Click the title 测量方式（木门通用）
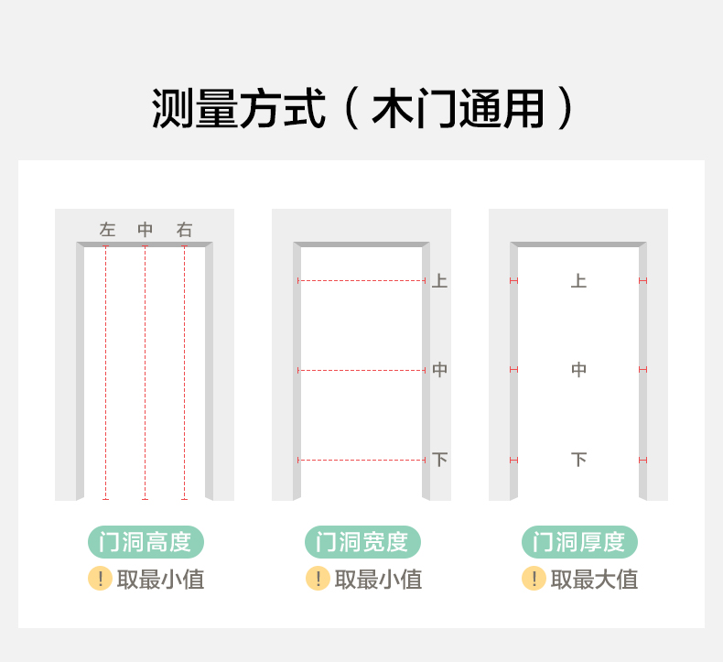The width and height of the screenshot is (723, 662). pos(361,109)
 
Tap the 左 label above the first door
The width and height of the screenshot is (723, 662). pos(108,230)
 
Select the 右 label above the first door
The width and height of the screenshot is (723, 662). pos(185,230)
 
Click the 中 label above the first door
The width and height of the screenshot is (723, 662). pos(146,230)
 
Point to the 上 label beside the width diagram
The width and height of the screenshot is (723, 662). pos(440,280)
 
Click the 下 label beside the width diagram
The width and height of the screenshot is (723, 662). pos(440,459)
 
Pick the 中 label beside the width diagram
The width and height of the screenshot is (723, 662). pos(440,370)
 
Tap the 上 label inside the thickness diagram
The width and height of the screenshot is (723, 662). pos(578,280)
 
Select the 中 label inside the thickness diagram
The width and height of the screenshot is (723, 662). pos(578,370)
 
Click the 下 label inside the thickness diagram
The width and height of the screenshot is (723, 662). pos(578,459)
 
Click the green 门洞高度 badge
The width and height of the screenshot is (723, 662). pos(146,542)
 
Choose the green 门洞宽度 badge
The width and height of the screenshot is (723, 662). pos(362,542)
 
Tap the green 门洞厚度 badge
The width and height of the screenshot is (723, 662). pos(579,542)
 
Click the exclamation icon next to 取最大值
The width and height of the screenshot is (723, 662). pos(534,579)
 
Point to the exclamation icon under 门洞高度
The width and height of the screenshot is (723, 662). pos(100,579)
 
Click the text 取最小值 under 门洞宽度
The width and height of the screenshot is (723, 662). pos(378,580)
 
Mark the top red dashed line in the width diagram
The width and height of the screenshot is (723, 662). pos(362,280)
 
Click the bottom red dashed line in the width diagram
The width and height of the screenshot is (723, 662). pos(362,460)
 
